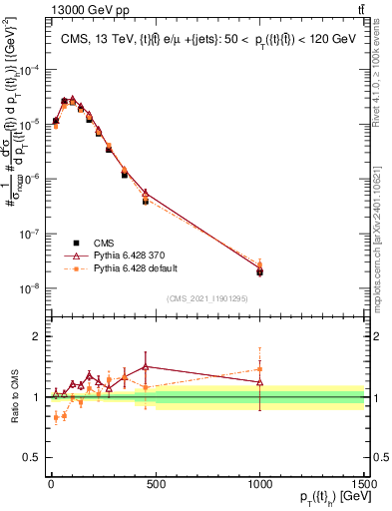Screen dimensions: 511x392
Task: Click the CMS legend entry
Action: (103, 242)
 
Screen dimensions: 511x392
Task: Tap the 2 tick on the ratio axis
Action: (36, 336)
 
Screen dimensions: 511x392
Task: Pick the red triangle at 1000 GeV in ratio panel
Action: (259, 382)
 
